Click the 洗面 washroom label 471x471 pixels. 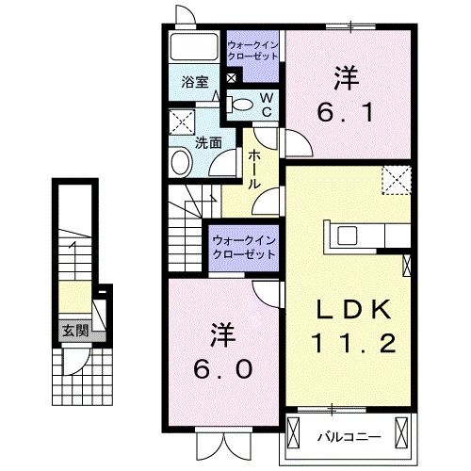(x=208, y=143)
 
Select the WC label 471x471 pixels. (x=267, y=104)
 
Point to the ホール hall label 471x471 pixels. (x=253, y=171)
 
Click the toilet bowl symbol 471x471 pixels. (x=243, y=105)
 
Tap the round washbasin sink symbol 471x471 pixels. (x=181, y=163)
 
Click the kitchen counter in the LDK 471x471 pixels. (x=366, y=232)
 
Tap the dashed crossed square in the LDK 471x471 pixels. (x=396, y=178)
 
